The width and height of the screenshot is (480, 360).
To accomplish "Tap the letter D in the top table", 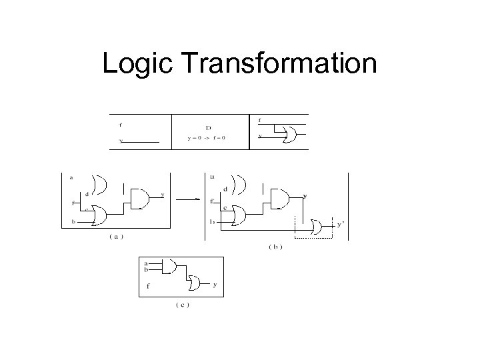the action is (x=209, y=127).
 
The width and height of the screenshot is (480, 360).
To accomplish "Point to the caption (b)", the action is (x=275, y=247).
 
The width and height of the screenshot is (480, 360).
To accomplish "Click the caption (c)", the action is (x=182, y=305).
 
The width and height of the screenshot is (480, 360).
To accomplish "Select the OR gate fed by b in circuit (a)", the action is (x=99, y=215).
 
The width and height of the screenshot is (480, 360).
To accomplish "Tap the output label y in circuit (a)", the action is (x=162, y=195).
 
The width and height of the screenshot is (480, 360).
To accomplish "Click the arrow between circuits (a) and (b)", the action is (x=191, y=198).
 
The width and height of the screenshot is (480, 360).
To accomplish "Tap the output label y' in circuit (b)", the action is (x=340, y=225).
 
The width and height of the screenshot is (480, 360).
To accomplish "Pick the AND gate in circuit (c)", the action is (x=169, y=267).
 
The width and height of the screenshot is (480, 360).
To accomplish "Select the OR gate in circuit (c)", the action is (x=194, y=285).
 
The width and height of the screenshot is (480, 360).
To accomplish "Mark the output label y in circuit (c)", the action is (x=214, y=285).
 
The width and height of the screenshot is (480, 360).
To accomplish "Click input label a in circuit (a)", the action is (x=71, y=177).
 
